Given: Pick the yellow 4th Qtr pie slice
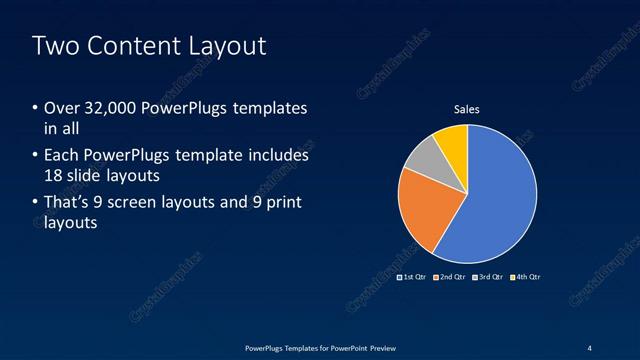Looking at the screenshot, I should (x=453, y=141).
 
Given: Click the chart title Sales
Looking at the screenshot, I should (x=468, y=109).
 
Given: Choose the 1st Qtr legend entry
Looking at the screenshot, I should (x=412, y=276).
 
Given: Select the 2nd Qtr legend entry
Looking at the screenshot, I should (x=450, y=276).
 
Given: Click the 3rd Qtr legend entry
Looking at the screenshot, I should (x=488, y=276).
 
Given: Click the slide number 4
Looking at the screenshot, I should (x=589, y=347).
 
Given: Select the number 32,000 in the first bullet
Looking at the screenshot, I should (x=113, y=108).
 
